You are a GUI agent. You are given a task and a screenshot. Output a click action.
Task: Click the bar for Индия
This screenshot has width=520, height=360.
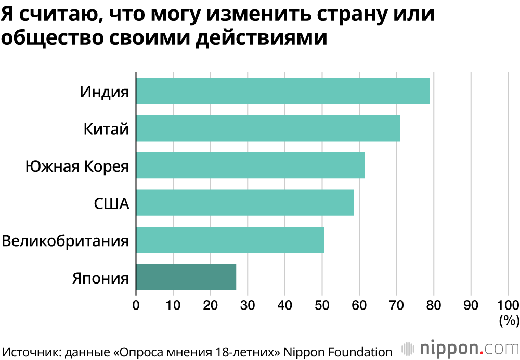(283, 91)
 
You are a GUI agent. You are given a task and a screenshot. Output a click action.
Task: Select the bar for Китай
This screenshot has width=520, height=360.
(268, 128)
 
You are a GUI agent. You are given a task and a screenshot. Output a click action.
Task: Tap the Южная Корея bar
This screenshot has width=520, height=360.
(250, 165)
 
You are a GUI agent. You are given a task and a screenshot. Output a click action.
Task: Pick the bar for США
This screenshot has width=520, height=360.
(244, 203)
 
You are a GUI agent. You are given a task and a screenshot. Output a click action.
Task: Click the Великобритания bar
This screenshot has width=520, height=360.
(230, 240)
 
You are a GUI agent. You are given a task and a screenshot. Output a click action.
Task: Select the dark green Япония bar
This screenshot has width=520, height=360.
(186, 277)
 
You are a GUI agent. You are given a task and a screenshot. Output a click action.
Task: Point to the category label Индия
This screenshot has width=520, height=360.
(104, 92)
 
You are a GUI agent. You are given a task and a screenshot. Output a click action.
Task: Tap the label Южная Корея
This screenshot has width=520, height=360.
(77, 166)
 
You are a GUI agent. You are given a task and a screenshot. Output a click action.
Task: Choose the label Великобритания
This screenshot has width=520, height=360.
(65, 241)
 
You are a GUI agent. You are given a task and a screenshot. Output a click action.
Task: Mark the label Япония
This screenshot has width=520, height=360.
(100, 278)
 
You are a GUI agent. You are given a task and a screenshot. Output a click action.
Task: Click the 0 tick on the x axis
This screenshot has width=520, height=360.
(136, 305)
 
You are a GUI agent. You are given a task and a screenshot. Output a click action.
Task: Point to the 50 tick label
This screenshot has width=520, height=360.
(322, 305)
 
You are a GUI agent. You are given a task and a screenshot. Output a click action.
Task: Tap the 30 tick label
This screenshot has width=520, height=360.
(248, 305)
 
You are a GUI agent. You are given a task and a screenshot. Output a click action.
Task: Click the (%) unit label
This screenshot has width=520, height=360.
(508, 320)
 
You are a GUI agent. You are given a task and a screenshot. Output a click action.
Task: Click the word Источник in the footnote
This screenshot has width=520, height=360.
(30, 350)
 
